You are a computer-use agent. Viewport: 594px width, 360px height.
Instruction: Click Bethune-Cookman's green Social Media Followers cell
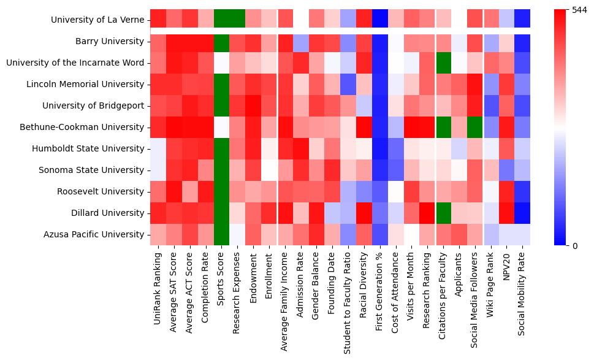(x=474, y=128)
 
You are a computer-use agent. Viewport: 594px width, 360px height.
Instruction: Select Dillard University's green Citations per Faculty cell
(x=442, y=213)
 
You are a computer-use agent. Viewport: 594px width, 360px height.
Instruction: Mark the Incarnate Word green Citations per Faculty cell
(x=442, y=63)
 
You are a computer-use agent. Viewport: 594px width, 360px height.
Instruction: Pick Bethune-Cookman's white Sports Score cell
(x=221, y=128)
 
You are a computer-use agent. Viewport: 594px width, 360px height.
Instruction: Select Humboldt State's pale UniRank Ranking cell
(x=158, y=149)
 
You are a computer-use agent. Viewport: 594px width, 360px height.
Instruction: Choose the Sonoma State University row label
(x=100, y=170)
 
